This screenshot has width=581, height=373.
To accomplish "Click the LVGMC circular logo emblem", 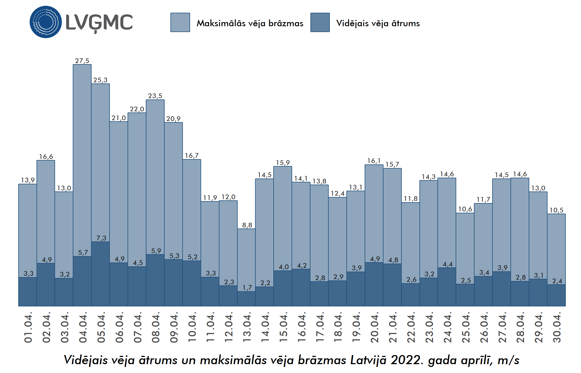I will click(x=46, y=22).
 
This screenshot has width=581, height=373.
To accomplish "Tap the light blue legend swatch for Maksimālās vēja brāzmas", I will click(x=180, y=22).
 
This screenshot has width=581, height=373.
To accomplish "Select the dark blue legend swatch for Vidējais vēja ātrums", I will click(x=320, y=22).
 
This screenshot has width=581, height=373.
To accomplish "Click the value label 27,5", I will click(x=82, y=61).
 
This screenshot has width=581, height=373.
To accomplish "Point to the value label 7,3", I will click(x=101, y=238).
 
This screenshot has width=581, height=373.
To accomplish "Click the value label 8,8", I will click(x=247, y=225).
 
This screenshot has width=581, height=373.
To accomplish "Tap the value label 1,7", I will click(x=247, y=288).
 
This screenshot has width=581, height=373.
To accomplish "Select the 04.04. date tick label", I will click(x=83, y=327).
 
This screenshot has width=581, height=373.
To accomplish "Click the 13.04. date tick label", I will click(x=247, y=327).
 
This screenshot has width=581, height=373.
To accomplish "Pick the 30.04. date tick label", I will click(x=557, y=327).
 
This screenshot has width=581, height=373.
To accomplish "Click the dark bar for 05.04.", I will click(x=100, y=274).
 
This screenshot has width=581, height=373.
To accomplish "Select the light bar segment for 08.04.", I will click(x=155, y=177).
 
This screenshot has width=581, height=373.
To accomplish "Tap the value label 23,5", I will click(x=155, y=96).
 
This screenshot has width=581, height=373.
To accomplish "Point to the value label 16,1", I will click(x=374, y=161).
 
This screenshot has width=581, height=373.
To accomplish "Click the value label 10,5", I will click(x=556, y=210).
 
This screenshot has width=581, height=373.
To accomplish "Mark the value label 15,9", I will click(x=283, y=163).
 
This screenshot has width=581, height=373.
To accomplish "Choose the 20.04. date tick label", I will click(x=374, y=327).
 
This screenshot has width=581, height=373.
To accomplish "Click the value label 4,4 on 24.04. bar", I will click(x=448, y=264).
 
